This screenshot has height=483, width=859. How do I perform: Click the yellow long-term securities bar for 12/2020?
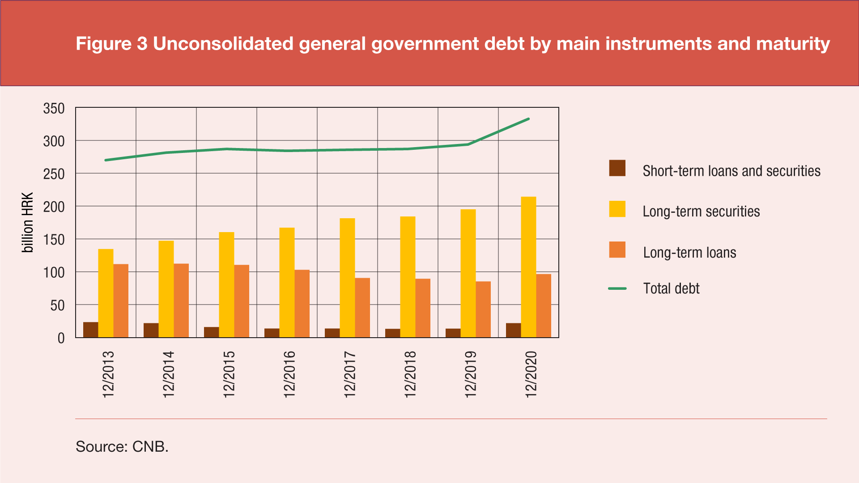(x=528, y=267)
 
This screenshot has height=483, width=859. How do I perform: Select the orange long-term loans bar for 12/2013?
(x=121, y=301)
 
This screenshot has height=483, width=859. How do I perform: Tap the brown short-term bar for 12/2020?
(x=513, y=330)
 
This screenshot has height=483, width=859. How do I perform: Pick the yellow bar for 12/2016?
(x=287, y=282)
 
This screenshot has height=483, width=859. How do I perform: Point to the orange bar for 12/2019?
(x=483, y=309)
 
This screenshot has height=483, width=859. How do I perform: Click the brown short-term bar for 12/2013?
(x=90, y=330)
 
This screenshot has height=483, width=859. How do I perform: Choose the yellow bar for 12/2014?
(x=166, y=289)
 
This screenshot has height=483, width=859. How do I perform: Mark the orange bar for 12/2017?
(x=362, y=308)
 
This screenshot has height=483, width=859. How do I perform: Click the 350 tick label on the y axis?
(x=54, y=108)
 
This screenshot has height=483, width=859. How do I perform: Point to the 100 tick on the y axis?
(x=54, y=272)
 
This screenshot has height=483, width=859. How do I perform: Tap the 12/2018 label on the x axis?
(x=410, y=374)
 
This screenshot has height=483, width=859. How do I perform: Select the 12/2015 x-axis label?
(x=229, y=374)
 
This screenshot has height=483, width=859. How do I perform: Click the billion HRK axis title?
(x=28, y=222)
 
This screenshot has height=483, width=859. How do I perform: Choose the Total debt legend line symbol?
(x=617, y=288)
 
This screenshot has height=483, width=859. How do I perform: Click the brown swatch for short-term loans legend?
(x=617, y=168)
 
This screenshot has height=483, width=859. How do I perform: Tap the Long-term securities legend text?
(x=701, y=211)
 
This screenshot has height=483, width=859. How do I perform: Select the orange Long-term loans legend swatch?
(x=617, y=250)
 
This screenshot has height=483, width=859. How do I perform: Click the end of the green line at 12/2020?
(x=528, y=119)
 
